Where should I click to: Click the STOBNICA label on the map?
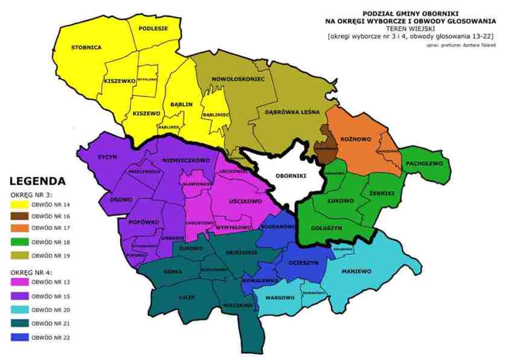(x=86, y=47)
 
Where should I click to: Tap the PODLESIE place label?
(x=153, y=28)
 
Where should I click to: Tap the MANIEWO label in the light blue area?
(x=356, y=271)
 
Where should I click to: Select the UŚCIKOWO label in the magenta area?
(x=245, y=201)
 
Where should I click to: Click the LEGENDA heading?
(x=37, y=181)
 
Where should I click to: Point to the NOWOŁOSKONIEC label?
(x=238, y=79)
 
